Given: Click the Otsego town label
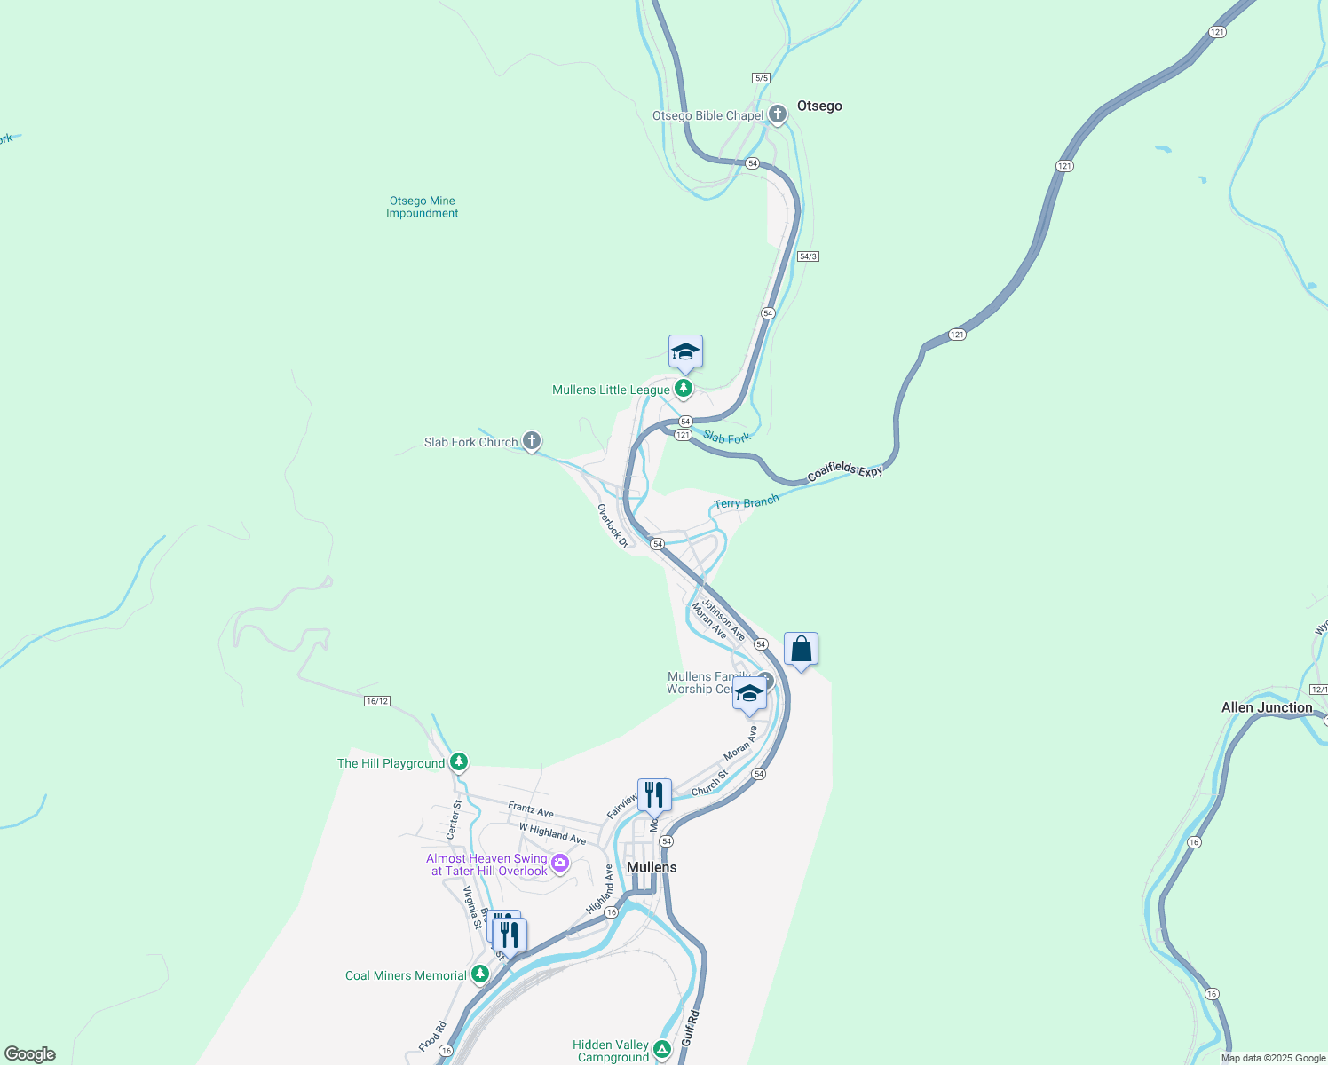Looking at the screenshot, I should pos(818,106).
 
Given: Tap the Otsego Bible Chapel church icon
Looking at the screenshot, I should pos(778,114).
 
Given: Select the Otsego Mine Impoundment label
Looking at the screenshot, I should pos(423,207).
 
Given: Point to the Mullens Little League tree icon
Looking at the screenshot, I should pos(683,389).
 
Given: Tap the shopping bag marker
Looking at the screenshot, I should pos(801,650).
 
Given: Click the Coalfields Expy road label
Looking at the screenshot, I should pos(845,472).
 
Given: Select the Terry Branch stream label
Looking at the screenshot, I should pos(746,502).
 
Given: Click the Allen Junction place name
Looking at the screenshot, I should pos(1267,707).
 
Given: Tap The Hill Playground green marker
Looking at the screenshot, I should pos(458,762).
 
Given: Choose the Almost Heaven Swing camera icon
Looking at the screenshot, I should pos(559,863).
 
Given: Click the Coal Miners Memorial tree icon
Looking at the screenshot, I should pos(479,974).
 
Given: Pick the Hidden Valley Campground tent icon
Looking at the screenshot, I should pos(662,1050).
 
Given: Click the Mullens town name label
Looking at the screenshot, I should pos(652,867).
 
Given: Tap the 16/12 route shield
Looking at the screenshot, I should pos(376,701).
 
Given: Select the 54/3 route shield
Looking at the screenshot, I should pos(808,256).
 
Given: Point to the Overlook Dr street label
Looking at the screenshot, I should pos(613,525).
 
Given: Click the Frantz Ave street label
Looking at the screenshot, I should pos(531,809).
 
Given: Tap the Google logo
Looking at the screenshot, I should pos(29,1054).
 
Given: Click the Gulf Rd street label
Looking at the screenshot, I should pos(691,1028).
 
